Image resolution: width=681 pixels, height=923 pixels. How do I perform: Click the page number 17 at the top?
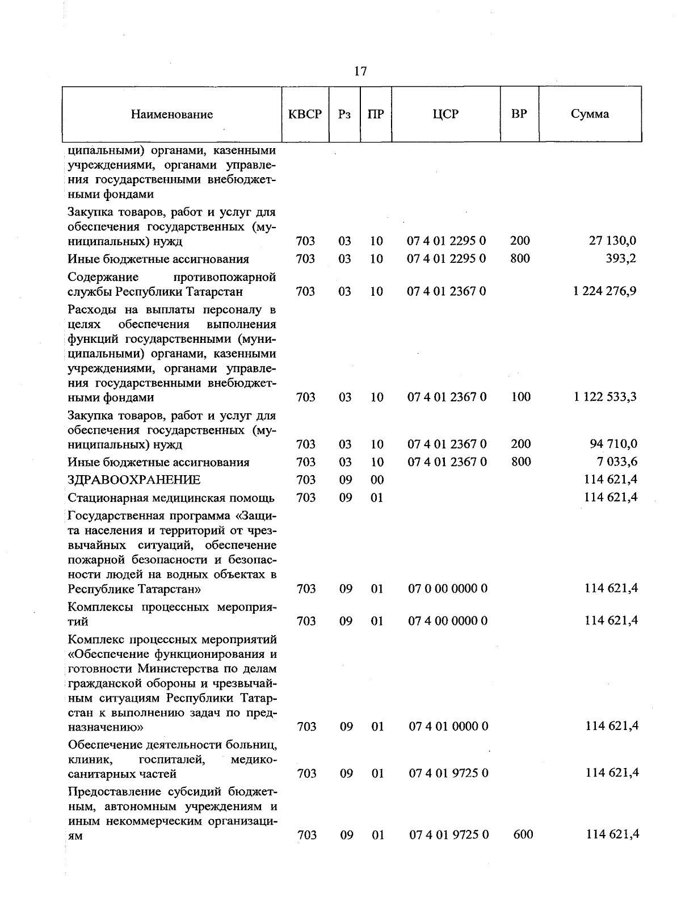[360, 71]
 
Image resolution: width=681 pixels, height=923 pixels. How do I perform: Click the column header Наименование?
[172, 114]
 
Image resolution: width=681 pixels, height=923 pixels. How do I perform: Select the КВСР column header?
[305, 114]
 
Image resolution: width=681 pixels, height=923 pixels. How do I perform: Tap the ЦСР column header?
[445, 114]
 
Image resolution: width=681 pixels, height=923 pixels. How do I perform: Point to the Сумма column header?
[590, 114]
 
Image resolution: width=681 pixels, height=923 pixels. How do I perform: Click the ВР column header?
[519, 114]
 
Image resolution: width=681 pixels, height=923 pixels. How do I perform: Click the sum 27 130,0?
[612, 241]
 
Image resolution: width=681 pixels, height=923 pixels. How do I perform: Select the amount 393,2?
[623, 259]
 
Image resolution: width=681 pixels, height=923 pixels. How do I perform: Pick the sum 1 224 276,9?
[605, 291]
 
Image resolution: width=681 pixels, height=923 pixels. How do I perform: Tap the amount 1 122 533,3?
[605, 397]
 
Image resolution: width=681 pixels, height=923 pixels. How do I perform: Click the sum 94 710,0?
[613, 444]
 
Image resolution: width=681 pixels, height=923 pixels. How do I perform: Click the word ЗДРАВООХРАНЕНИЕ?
[134, 480]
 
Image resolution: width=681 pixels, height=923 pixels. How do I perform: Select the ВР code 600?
[523, 834]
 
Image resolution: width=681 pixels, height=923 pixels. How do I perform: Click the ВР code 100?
[520, 397]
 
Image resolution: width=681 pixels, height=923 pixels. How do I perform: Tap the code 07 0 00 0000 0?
[448, 589]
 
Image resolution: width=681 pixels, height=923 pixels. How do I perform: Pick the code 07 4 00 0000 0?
[448, 621]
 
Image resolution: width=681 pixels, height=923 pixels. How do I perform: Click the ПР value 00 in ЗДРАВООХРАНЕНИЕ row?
[377, 480]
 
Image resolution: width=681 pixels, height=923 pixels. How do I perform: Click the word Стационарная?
[105, 498]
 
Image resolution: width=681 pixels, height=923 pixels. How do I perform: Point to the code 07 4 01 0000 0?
[448, 727]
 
